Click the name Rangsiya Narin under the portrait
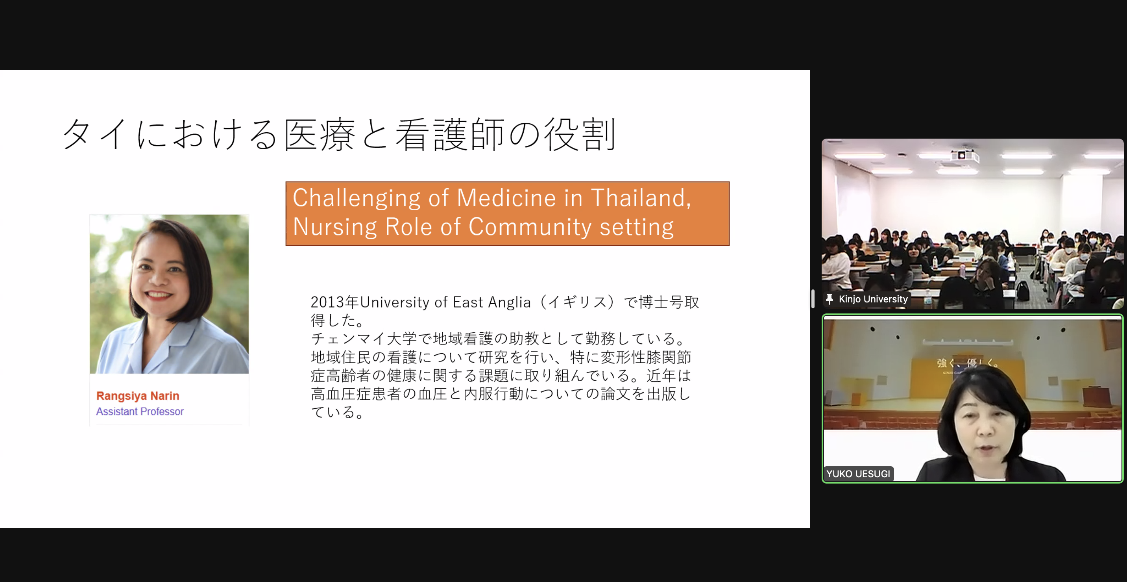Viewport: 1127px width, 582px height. click(x=138, y=396)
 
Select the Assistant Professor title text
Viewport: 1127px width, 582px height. click(x=140, y=411)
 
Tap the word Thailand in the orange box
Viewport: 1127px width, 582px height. click(x=641, y=198)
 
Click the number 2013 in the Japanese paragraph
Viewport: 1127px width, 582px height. click(x=328, y=302)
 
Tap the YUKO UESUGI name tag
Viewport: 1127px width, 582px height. click(x=858, y=474)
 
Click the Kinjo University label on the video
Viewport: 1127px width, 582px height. click(x=873, y=299)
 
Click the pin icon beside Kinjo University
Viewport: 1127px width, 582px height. click(x=830, y=299)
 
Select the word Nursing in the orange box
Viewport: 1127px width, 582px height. click(x=335, y=227)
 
